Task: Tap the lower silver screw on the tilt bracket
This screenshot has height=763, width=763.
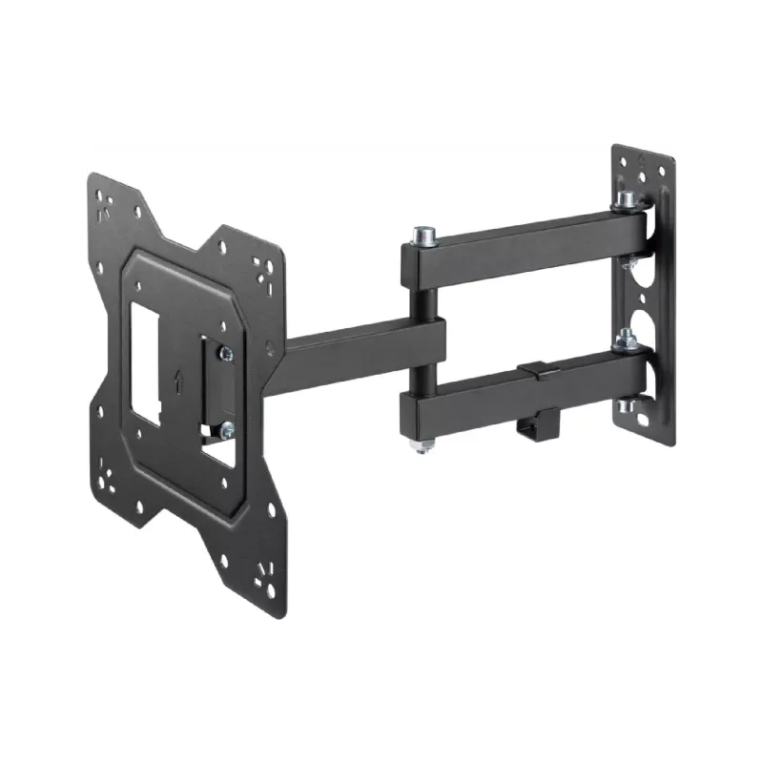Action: (226, 430)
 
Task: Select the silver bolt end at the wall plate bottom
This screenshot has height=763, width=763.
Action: (628, 407)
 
